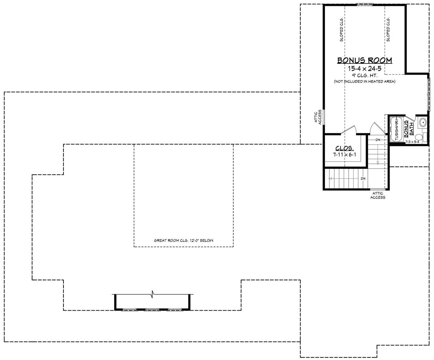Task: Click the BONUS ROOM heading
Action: pos(365,60)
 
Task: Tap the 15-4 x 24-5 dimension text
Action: pos(365,68)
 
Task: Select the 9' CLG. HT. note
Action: pos(365,75)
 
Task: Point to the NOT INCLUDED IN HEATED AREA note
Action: pos(365,81)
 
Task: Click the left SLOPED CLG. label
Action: pos(342,30)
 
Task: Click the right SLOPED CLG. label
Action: pos(388,30)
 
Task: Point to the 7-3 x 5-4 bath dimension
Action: pos(412,142)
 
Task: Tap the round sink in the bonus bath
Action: pos(423,122)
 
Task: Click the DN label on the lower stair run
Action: pos(363,178)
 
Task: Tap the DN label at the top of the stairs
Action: pos(378,140)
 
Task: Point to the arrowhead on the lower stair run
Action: pos(330,178)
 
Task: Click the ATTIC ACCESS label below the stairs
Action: pos(378,195)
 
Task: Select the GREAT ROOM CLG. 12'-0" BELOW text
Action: pos(183,240)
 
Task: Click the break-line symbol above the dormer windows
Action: pos(153,294)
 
